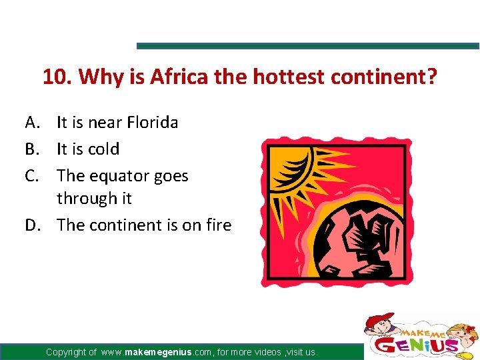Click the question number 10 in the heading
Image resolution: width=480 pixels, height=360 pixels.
click(x=56, y=78)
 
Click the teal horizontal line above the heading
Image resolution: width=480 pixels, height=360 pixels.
click(x=307, y=46)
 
